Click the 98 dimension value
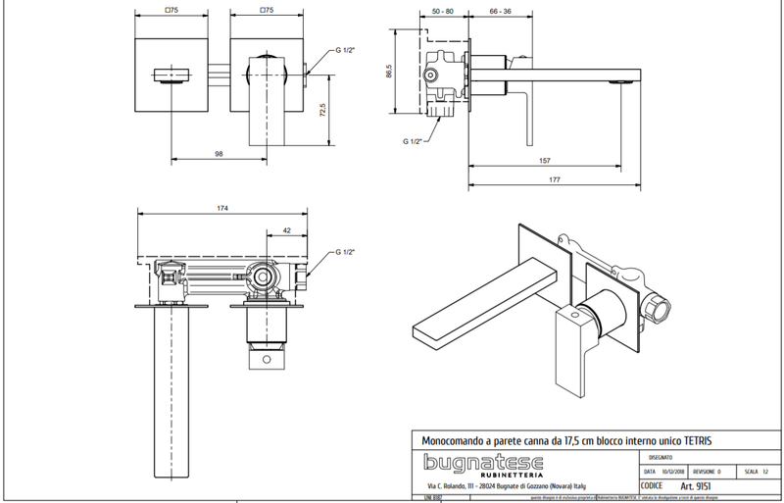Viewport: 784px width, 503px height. (219, 153)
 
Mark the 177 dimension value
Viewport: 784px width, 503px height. (555, 179)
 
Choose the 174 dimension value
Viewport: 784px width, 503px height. (222, 208)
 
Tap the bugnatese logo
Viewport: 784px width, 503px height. (474, 463)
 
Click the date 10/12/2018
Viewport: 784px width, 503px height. (676, 471)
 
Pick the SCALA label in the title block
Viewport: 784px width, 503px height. (752, 471)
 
